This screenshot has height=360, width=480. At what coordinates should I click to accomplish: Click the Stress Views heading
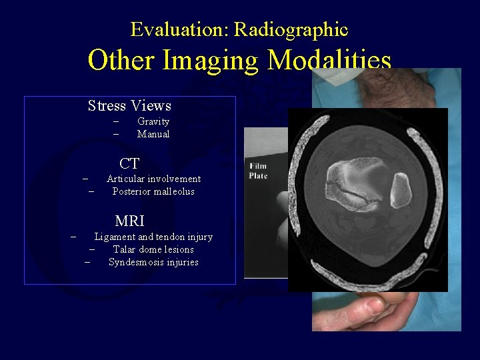point(129,106)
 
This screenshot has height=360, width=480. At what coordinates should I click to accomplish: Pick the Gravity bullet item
point(153,121)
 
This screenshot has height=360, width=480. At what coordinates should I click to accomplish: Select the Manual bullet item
point(153,134)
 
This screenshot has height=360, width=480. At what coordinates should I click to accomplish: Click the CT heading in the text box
point(129,163)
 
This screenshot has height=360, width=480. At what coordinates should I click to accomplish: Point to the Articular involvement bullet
point(153,179)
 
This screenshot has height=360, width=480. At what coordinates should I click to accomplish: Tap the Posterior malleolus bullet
point(153,191)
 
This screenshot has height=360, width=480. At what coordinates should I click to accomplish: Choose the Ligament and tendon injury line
point(153,237)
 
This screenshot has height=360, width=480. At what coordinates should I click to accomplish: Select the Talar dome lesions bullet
point(153,249)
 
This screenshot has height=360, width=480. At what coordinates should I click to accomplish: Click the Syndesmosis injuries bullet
point(153,262)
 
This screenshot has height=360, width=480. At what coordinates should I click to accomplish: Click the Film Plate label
point(258,170)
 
